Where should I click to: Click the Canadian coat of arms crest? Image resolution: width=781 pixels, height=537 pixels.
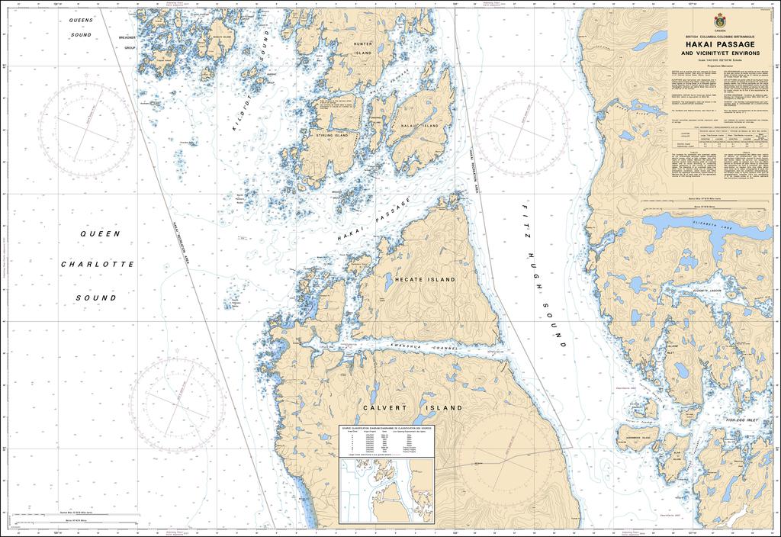tap(719, 21)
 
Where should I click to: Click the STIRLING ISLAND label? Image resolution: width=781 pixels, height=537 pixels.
tap(332, 135)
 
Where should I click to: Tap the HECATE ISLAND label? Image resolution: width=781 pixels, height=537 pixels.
tap(425, 280)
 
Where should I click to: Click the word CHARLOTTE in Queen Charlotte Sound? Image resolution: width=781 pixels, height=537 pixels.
tap(98, 265)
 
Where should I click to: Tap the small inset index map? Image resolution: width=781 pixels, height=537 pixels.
tap(386, 492)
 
